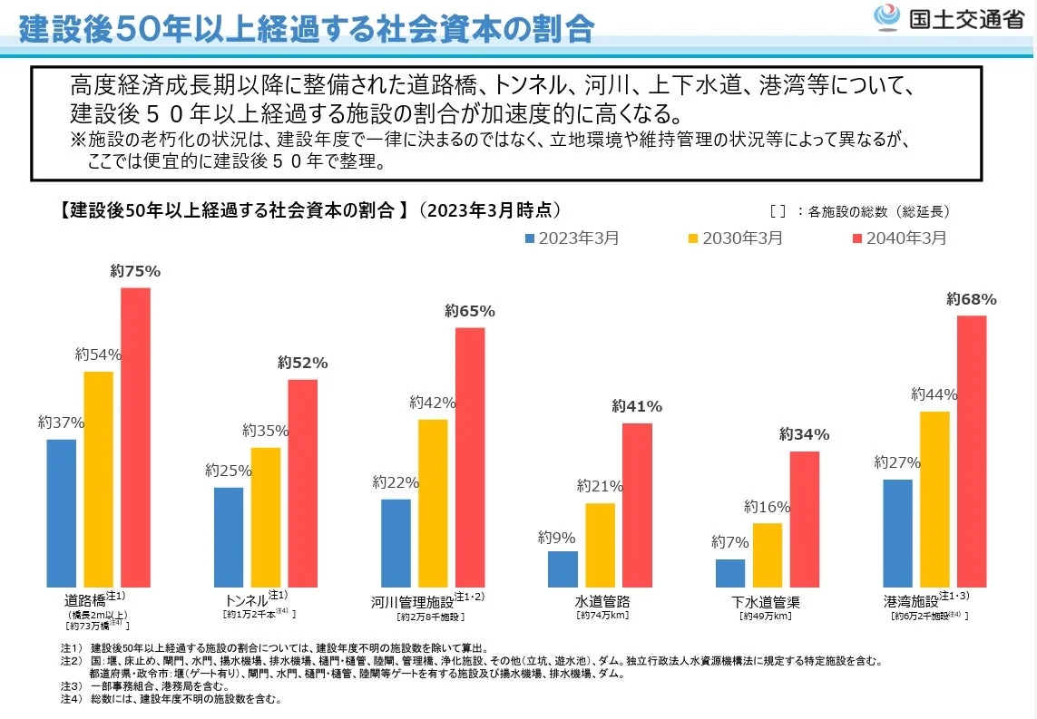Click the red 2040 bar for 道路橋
point(135,437)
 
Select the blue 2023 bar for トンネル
point(229,537)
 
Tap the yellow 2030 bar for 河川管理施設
point(433,503)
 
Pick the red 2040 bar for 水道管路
point(637,505)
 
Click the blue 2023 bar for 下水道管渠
point(730,573)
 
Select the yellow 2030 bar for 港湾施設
point(934,499)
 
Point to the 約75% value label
point(135,271)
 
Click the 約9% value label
point(556,537)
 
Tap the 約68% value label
point(971,299)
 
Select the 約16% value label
point(768,507)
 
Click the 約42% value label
point(433,403)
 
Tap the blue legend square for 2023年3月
point(530,238)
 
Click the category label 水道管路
point(602,601)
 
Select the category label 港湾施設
point(910,601)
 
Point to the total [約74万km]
point(602,616)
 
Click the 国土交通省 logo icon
point(885,18)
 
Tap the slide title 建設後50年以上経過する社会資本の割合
point(307,27)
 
